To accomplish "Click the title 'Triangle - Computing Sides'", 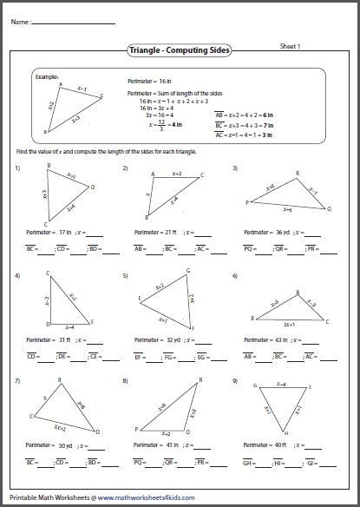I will click(179, 53).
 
